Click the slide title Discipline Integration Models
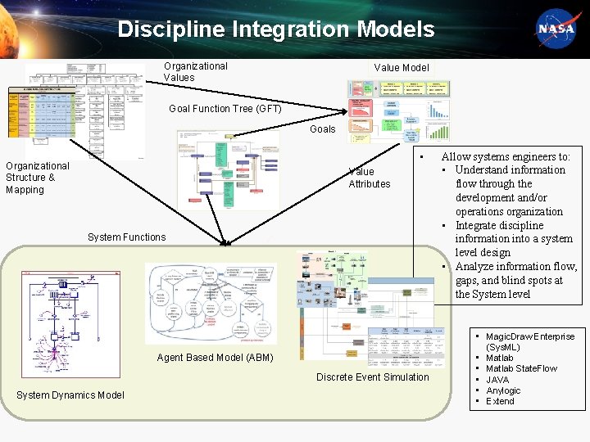point(275,30)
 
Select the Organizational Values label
point(195,72)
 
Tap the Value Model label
point(401,68)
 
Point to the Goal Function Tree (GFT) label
point(225,109)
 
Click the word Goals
point(322,129)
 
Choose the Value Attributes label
point(369,178)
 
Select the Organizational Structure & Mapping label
point(37,178)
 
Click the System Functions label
point(126,237)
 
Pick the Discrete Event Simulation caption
point(372,377)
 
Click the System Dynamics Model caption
point(70,396)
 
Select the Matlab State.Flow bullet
point(521,369)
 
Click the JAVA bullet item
point(497,380)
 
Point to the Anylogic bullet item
point(503,390)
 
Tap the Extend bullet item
point(500,401)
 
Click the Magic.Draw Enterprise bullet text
point(530,336)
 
